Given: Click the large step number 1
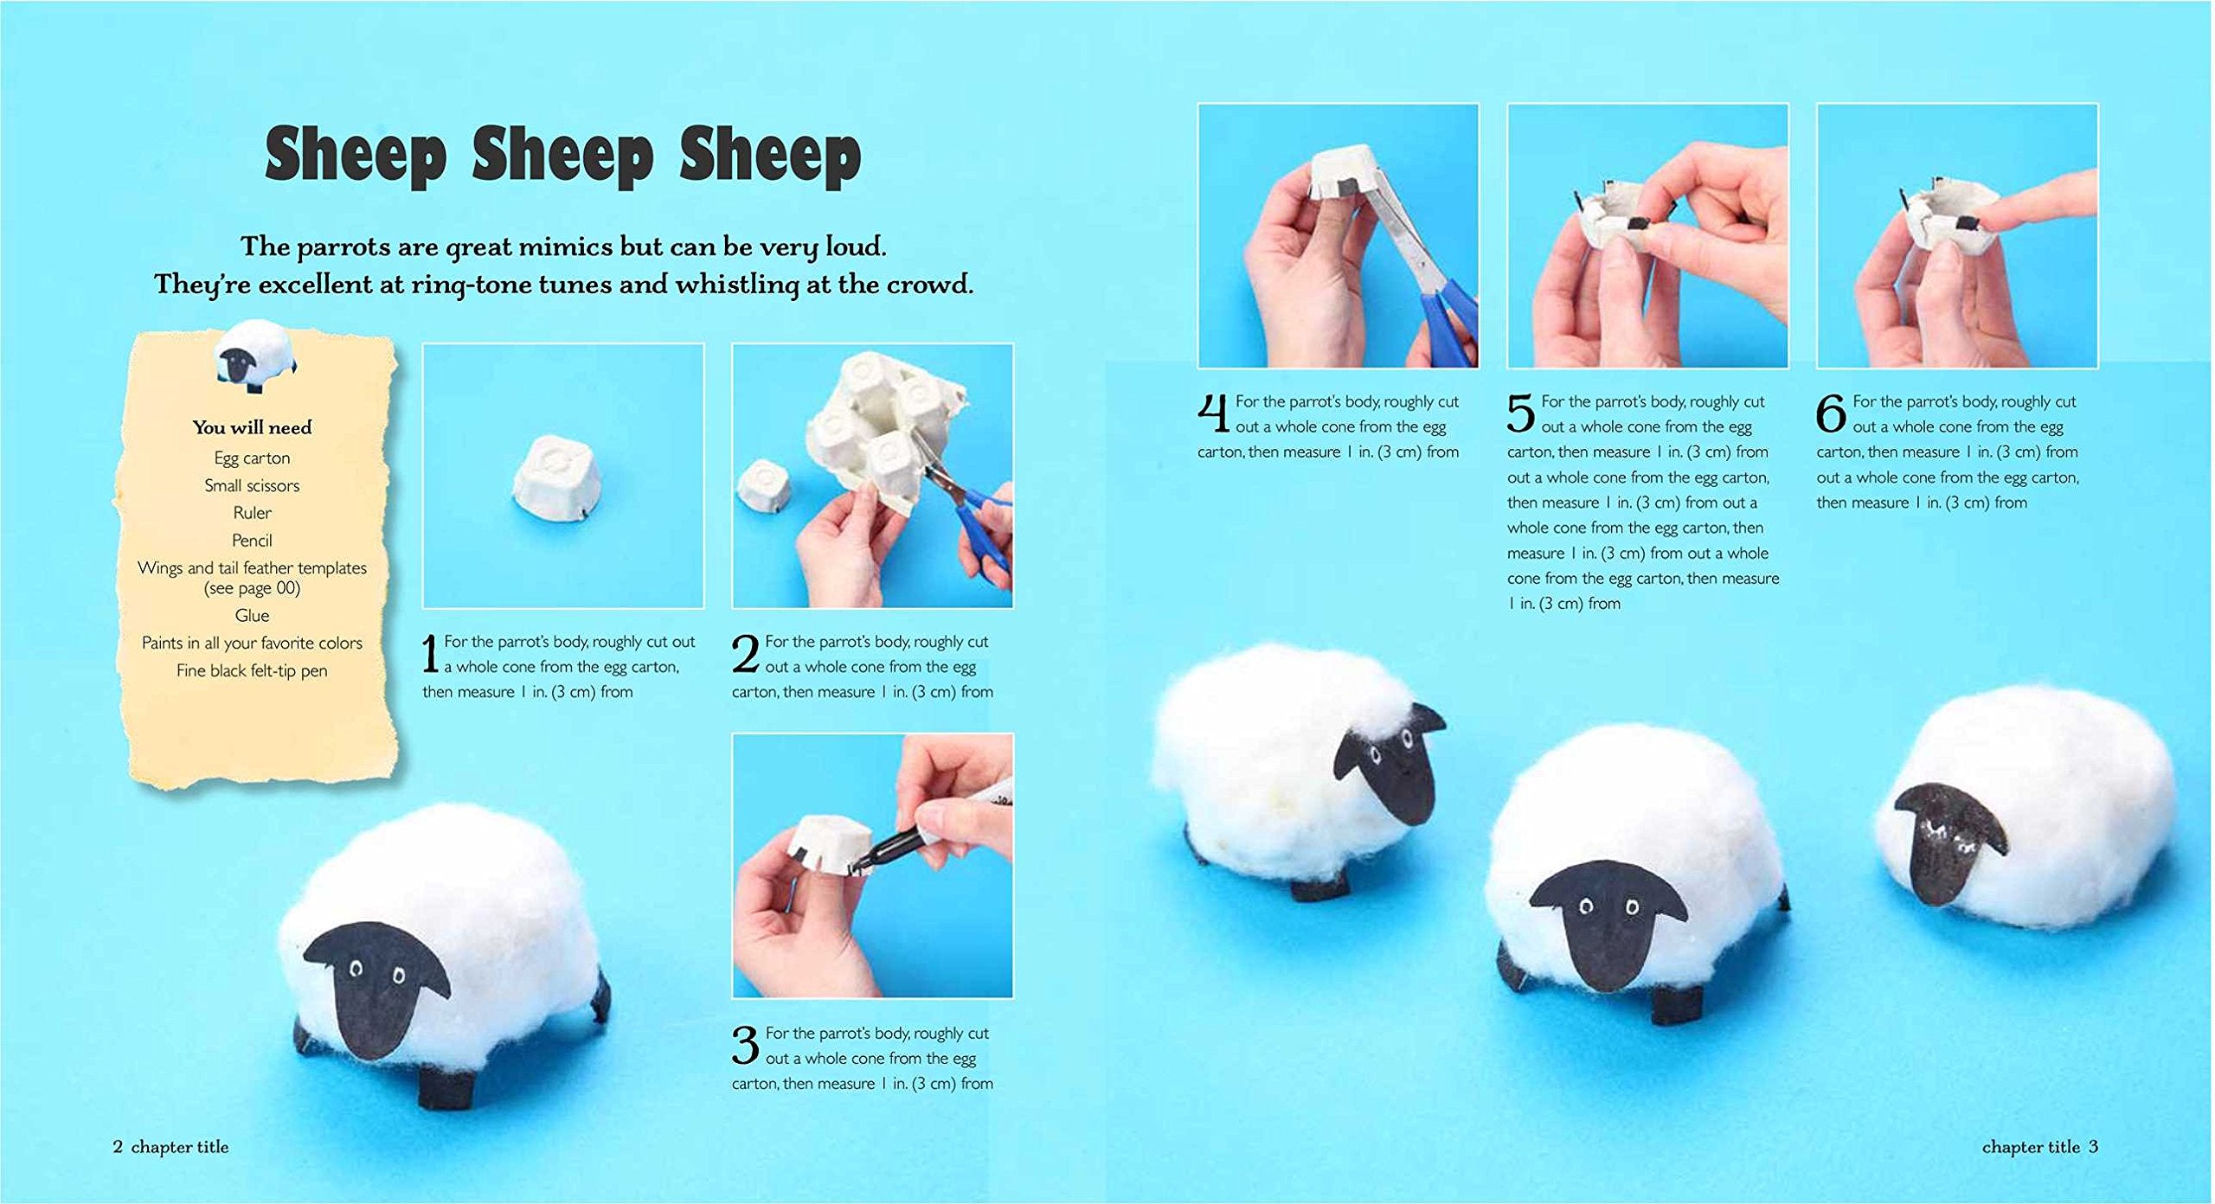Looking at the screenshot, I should [x=430, y=655].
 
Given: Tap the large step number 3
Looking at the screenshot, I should [x=745, y=1046].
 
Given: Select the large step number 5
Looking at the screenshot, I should [x=1520, y=414].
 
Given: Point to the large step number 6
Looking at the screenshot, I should [x=1831, y=414].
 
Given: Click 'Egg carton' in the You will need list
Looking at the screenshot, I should [x=252, y=458].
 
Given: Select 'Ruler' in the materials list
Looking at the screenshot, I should [x=252, y=513].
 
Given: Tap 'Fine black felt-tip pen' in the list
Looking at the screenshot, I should [x=252, y=671].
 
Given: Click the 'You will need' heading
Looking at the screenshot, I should [x=252, y=427].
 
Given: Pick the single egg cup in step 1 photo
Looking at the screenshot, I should [x=554, y=479].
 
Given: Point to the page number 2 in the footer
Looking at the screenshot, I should [x=118, y=1147].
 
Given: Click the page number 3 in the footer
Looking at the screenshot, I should [x=2093, y=1147].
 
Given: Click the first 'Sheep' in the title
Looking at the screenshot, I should [x=356, y=157].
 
